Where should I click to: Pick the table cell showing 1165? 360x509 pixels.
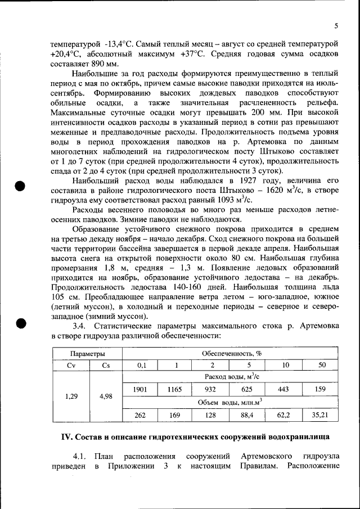pos(175,389)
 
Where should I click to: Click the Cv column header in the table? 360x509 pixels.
pos(71,364)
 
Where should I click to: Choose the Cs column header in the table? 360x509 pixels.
pos(105,364)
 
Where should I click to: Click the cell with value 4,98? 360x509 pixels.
pos(105,396)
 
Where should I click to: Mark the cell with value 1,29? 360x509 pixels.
pos(71,396)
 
